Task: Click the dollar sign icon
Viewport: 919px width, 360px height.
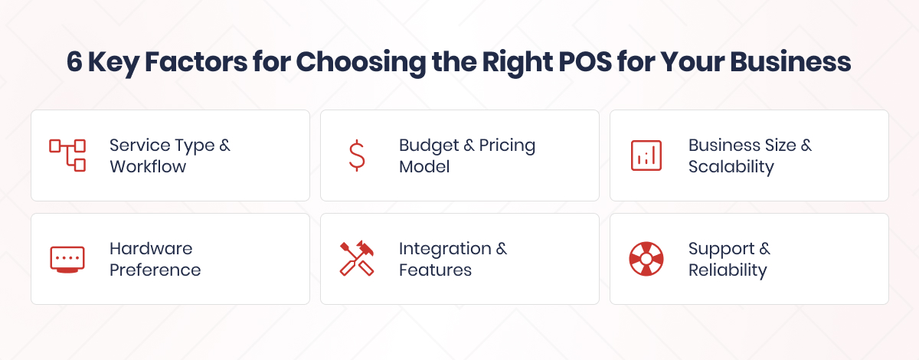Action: pos(356,155)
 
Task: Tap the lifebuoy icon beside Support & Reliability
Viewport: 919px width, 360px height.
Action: pos(646,259)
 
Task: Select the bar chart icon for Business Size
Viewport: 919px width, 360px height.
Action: pos(646,155)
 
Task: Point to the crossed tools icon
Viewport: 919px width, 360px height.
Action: pos(356,259)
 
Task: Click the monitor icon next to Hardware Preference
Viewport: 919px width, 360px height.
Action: pos(67,259)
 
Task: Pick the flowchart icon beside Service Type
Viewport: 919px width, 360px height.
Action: pos(67,155)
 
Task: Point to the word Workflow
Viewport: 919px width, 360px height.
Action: pos(148,166)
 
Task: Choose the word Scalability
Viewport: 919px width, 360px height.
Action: pos(731,166)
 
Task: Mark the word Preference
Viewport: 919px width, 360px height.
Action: pos(155,270)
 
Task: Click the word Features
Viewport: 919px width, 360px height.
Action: pos(435,270)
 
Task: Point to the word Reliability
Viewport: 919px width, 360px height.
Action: pos(727,270)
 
